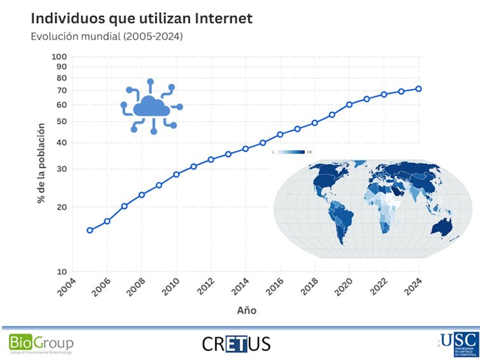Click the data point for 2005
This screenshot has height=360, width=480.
pos(90,230)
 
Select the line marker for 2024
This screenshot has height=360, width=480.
pos(419,88)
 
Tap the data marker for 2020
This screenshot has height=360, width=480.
pos(349,104)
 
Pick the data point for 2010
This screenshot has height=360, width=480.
pos(176,174)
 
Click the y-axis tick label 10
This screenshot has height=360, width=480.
pos(62,272)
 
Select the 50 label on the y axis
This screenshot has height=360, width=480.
pos(61,121)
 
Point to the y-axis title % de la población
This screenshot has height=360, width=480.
pos(40,163)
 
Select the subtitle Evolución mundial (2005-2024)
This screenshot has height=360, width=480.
pos(106,37)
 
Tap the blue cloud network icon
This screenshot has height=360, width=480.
pos(152,106)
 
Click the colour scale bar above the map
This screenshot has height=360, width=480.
pos(292,152)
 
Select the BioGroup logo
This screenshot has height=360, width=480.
pos(41,343)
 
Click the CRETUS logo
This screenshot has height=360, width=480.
pos(236,344)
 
